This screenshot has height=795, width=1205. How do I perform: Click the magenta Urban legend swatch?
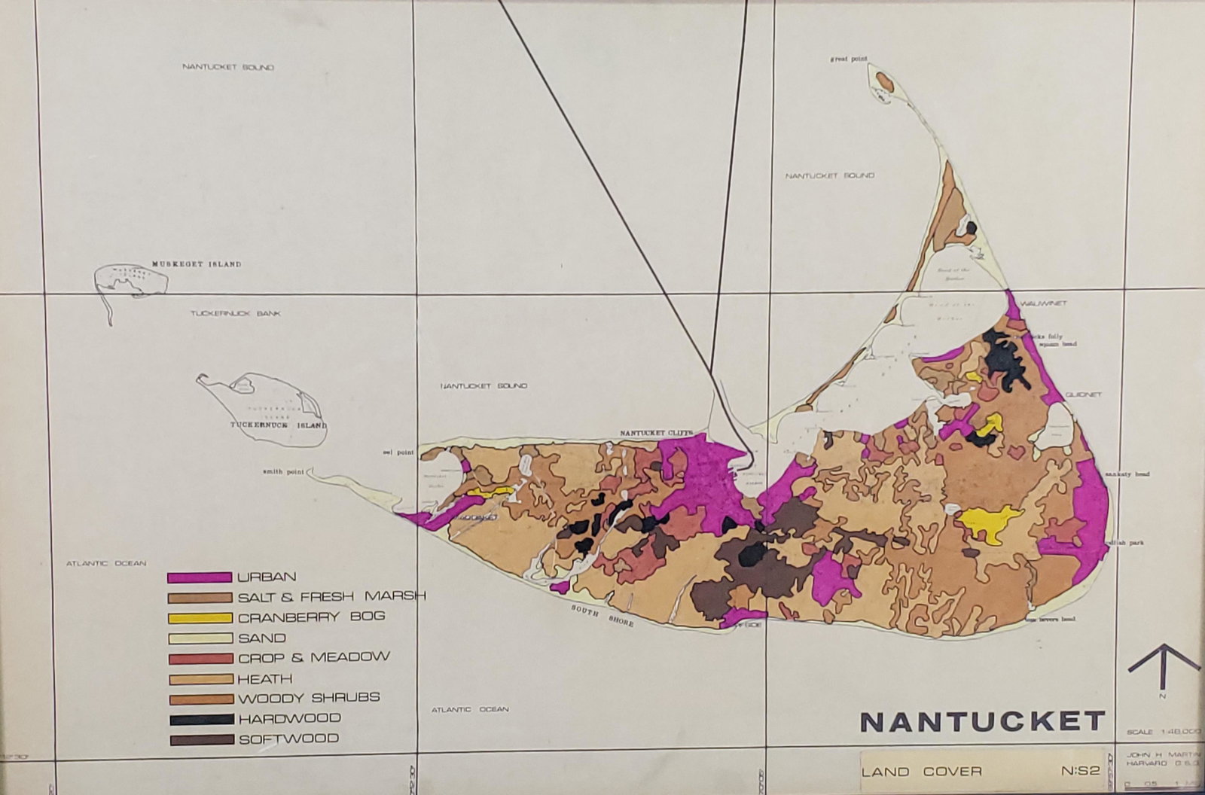point(199,577)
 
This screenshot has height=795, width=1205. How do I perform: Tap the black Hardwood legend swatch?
point(201,719)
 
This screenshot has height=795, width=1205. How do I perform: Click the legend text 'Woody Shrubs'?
point(309,698)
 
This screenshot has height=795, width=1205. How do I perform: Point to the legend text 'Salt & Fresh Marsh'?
point(331,596)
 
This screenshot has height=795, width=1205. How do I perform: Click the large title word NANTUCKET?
point(982,721)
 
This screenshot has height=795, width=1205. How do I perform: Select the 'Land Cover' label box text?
point(922,771)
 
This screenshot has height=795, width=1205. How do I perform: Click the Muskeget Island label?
point(196,264)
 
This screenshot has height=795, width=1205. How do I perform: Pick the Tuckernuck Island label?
point(279,425)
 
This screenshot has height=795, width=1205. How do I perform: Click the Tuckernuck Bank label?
point(235,313)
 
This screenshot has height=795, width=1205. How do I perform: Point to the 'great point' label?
point(849,59)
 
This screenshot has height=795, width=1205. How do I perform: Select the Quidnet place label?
point(1084,394)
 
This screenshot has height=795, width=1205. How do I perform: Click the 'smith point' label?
point(282,473)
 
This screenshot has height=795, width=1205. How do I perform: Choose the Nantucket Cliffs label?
point(654,434)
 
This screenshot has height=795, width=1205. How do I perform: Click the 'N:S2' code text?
point(1081,771)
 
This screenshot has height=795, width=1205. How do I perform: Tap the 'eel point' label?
point(398,452)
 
